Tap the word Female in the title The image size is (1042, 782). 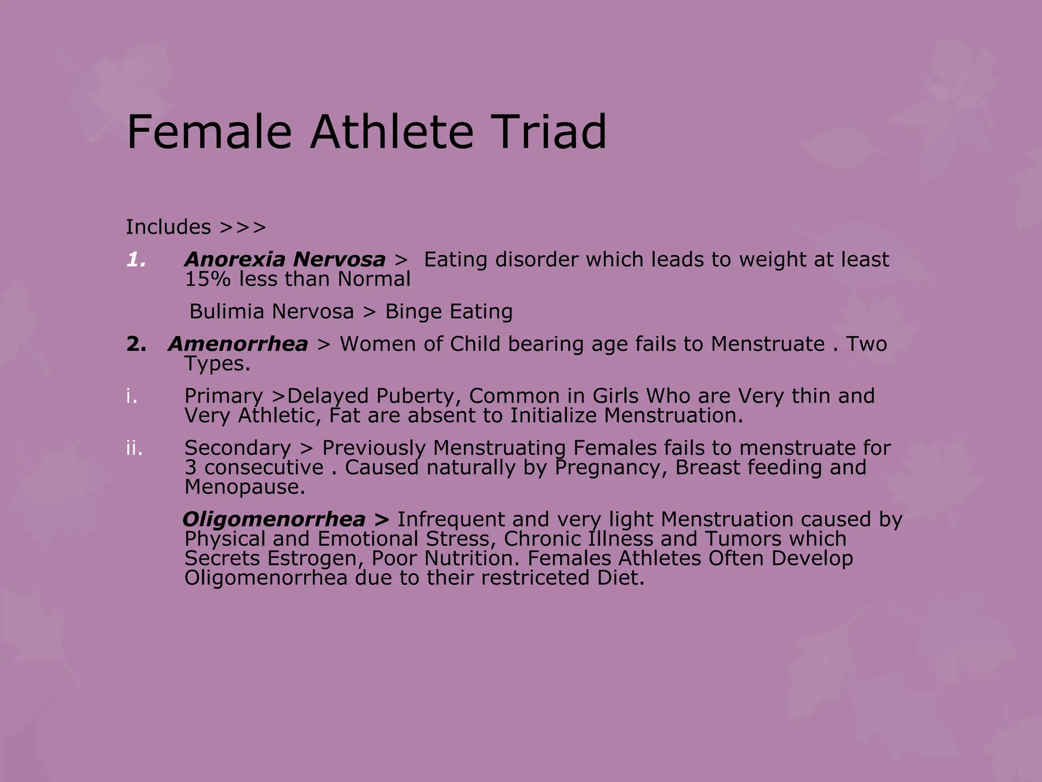(x=209, y=132)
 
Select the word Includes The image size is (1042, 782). (x=168, y=227)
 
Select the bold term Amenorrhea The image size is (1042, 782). (x=238, y=344)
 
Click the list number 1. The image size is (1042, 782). (x=136, y=260)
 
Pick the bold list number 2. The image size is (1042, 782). (x=136, y=345)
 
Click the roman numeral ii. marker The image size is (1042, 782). (x=134, y=449)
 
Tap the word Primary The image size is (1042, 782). (x=223, y=397)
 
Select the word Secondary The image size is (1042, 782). (x=237, y=449)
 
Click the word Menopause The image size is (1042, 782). (x=244, y=487)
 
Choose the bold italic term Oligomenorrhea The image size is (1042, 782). (x=274, y=520)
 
